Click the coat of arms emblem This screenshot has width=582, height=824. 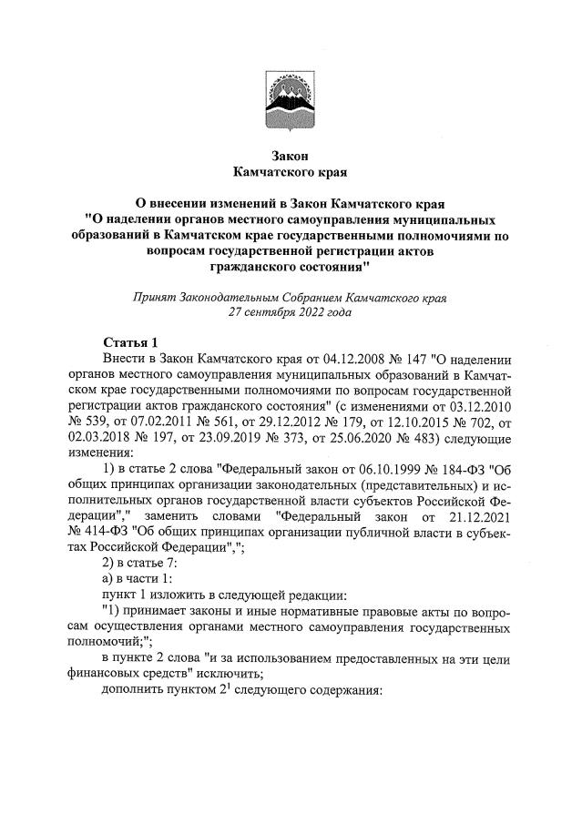pyautogui.click(x=291, y=99)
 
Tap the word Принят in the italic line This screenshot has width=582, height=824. pyautogui.click(x=156, y=297)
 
